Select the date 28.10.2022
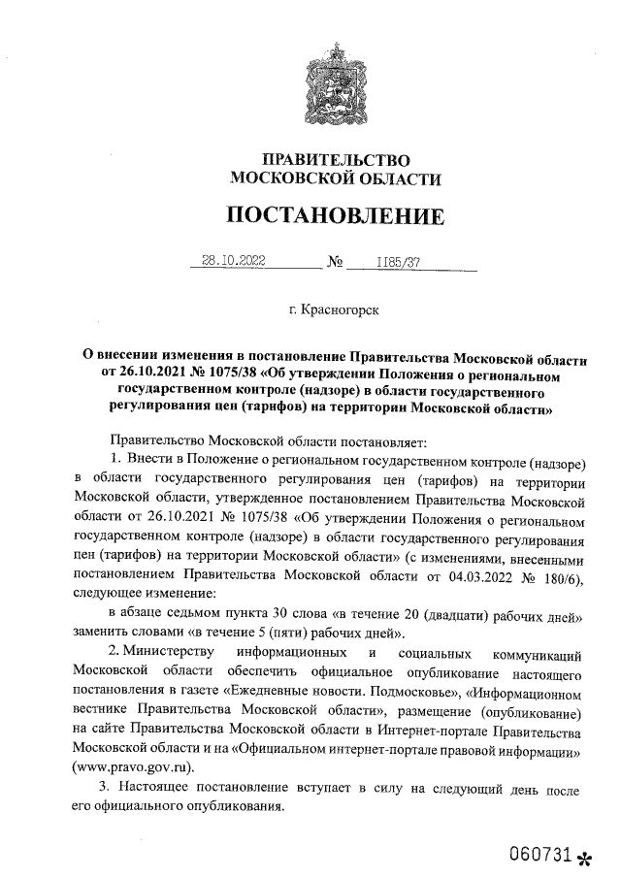[233, 260]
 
